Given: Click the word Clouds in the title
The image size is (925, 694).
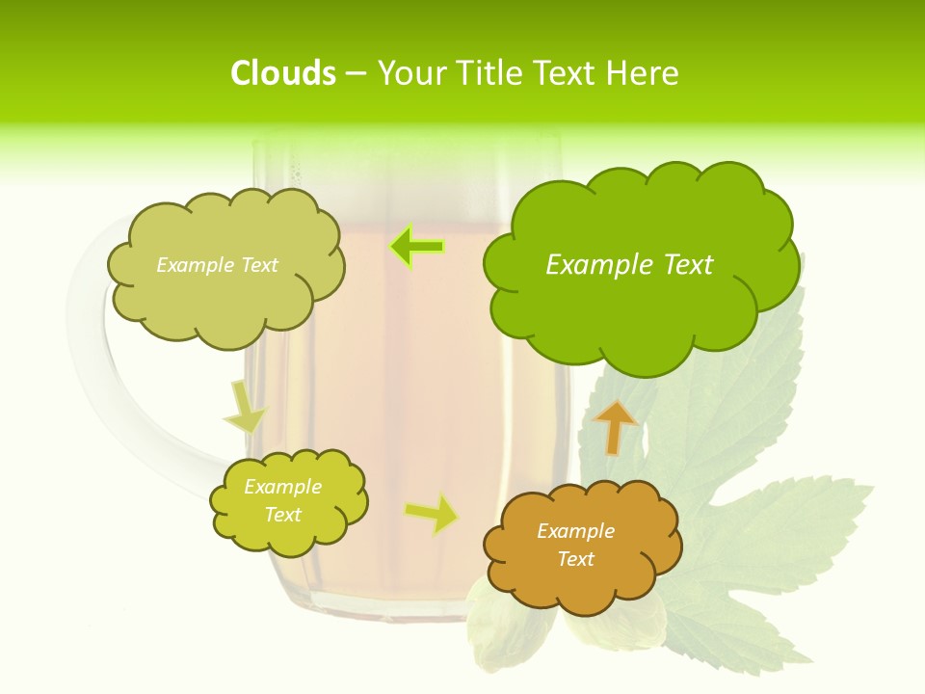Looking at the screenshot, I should [283, 73].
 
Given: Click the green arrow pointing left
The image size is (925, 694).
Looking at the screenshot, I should [416, 247].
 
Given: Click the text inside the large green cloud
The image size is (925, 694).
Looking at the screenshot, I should [629, 265].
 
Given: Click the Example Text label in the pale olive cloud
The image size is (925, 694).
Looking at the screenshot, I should [217, 265].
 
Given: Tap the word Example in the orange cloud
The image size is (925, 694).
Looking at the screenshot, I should [575, 531].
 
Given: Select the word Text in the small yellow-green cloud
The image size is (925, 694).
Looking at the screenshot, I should [283, 515].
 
